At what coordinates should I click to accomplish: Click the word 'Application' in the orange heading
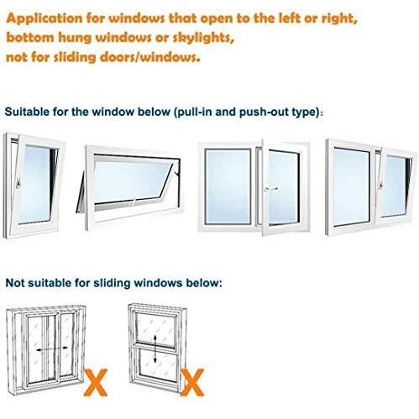[45, 18]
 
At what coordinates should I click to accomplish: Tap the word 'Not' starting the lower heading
[14, 283]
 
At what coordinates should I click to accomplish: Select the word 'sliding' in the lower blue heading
[112, 283]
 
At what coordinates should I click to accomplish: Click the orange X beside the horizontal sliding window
[96, 382]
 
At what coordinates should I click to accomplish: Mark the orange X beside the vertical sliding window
[192, 382]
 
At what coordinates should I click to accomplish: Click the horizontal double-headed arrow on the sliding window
[52, 348]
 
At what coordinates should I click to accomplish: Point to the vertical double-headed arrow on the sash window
[155, 348]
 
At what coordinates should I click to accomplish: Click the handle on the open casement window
[271, 189]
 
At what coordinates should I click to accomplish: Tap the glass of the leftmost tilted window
[37, 184]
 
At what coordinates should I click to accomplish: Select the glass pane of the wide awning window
[132, 180]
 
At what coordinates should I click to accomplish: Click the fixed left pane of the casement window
[228, 186]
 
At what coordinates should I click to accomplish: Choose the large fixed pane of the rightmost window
[351, 186]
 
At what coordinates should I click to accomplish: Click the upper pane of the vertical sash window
[155, 328]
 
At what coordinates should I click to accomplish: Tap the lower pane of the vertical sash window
[157, 364]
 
